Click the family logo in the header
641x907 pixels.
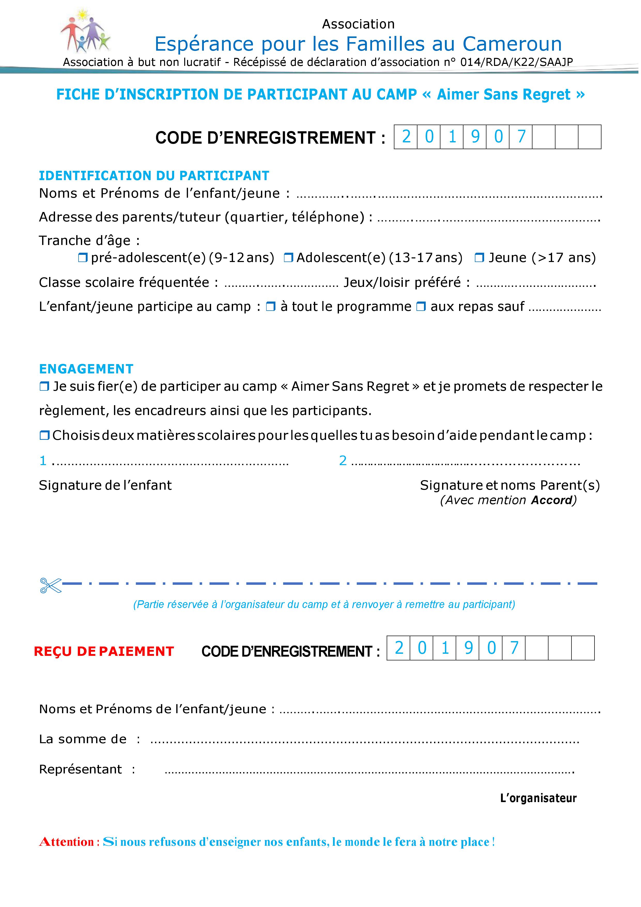click(x=85, y=31)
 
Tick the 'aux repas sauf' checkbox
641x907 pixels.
click(x=421, y=307)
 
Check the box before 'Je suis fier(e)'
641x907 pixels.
click(x=44, y=386)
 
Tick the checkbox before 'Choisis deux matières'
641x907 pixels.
click(x=44, y=436)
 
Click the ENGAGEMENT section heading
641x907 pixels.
click(x=86, y=369)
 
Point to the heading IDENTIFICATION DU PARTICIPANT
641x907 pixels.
click(x=154, y=175)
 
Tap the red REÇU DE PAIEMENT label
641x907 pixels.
click(x=104, y=651)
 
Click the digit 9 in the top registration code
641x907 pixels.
click(x=475, y=137)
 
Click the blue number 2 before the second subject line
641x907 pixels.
click(x=343, y=461)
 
